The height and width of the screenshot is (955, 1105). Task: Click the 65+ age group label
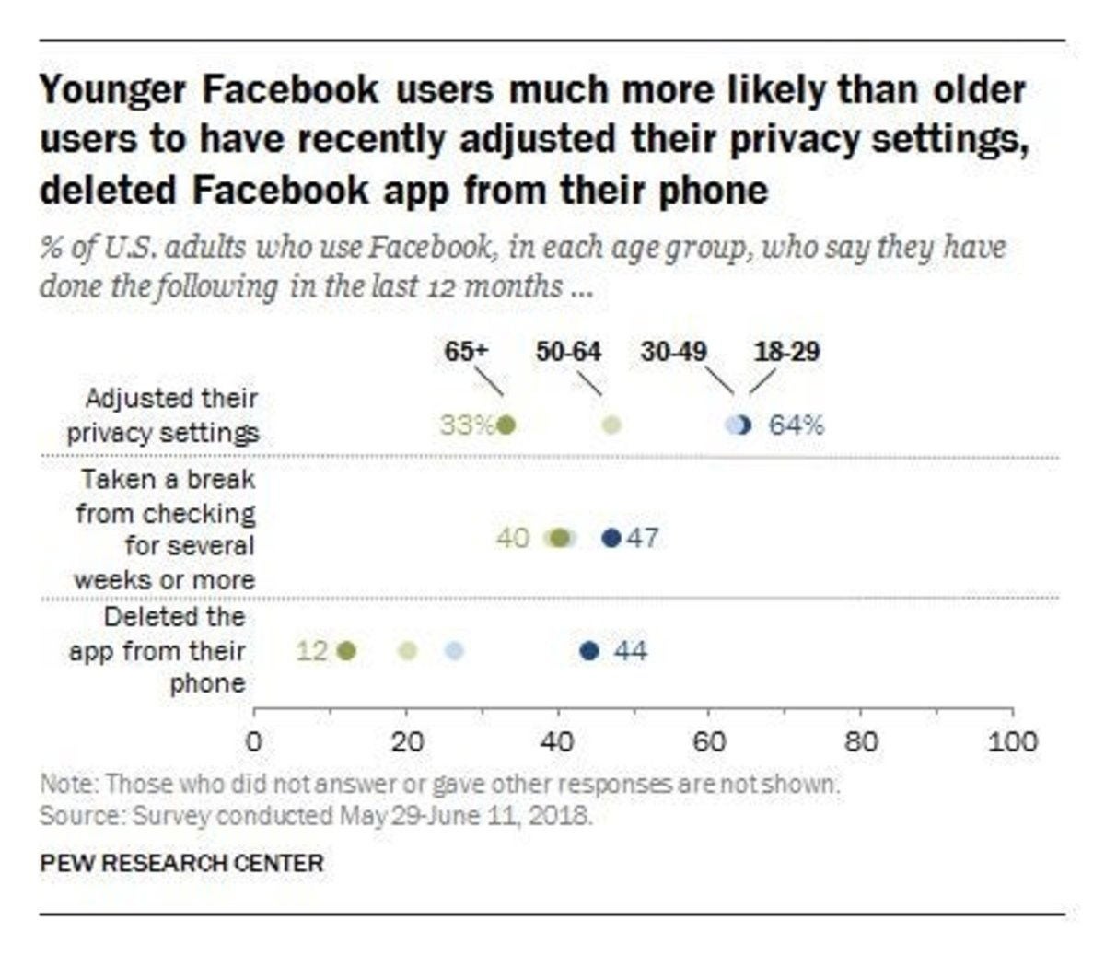pos(465,352)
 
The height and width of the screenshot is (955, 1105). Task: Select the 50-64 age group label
pos(568,352)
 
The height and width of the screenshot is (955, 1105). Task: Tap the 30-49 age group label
pos(674,352)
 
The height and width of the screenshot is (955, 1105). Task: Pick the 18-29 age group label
pos(786,352)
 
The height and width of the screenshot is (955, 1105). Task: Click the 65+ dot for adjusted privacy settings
pos(506,425)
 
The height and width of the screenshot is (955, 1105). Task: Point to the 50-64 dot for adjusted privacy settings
pos(612,425)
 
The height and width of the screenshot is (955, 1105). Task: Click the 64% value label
pos(797,425)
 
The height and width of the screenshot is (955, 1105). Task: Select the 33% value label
pos(466,425)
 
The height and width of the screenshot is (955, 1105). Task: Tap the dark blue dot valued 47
pos(611,538)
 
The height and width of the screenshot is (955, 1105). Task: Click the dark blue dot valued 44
pos(589,652)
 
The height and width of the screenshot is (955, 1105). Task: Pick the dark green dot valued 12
pos(346,652)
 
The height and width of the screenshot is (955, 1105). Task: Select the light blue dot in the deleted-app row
pos(453,652)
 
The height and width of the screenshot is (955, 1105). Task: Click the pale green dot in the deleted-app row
pos(407,652)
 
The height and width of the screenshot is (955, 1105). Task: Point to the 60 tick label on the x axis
pos(708,742)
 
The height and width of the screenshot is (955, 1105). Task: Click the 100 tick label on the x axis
pos(1012,742)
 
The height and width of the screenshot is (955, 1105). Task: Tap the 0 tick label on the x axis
pos(254,742)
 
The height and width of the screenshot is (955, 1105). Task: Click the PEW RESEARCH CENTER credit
pos(181,864)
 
